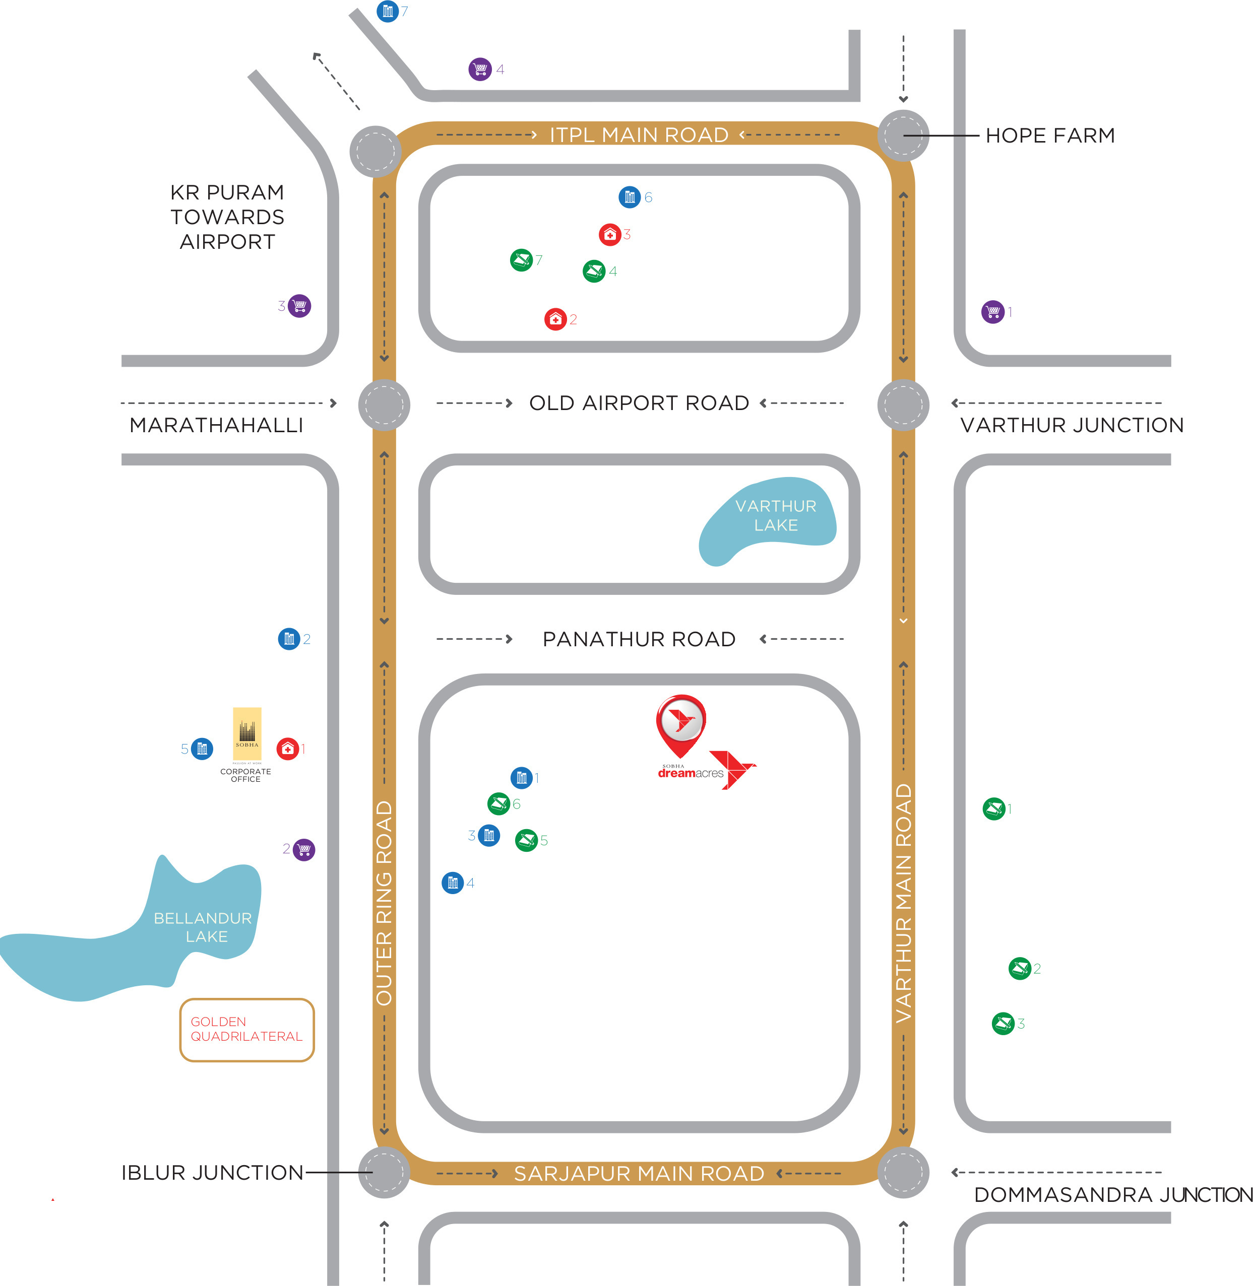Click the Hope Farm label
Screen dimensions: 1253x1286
click(1050, 136)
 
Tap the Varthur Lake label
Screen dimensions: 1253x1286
click(776, 516)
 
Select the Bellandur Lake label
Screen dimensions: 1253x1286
click(203, 927)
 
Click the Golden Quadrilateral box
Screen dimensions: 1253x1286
click(247, 1030)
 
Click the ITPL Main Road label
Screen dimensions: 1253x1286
click(639, 135)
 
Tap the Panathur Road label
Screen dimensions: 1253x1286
click(639, 639)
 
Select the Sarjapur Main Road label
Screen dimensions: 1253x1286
click(639, 1173)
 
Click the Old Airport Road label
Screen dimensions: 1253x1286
click(639, 402)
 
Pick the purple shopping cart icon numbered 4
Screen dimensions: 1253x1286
click(480, 69)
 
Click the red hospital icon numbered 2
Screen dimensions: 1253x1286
click(555, 319)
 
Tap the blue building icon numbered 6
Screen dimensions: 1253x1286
click(630, 196)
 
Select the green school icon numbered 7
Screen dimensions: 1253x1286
click(521, 260)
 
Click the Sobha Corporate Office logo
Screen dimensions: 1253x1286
click(247, 735)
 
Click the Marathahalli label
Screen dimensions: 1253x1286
click(217, 425)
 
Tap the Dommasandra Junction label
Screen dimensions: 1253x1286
click(1113, 1194)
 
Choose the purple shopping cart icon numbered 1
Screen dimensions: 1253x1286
click(993, 311)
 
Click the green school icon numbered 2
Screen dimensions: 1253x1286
click(1020, 968)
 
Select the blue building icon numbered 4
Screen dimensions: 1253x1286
click(453, 883)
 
